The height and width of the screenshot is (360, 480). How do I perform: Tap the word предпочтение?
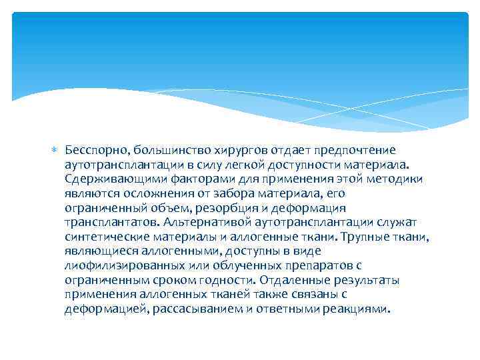[359, 149]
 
